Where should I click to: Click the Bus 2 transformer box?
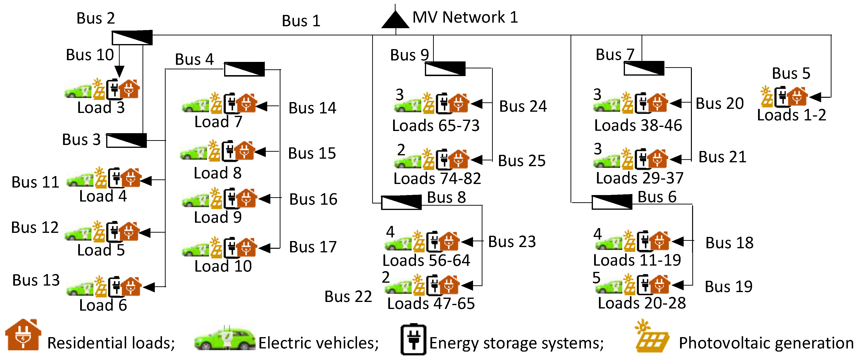(x=132, y=38)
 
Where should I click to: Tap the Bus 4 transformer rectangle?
(x=244, y=69)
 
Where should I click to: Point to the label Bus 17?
(x=313, y=247)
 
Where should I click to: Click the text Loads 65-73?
(x=435, y=126)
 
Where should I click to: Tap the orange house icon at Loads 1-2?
(x=797, y=97)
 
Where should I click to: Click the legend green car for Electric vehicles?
(x=225, y=339)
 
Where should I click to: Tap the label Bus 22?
(x=348, y=296)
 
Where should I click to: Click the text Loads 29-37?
(x=639, y=178)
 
